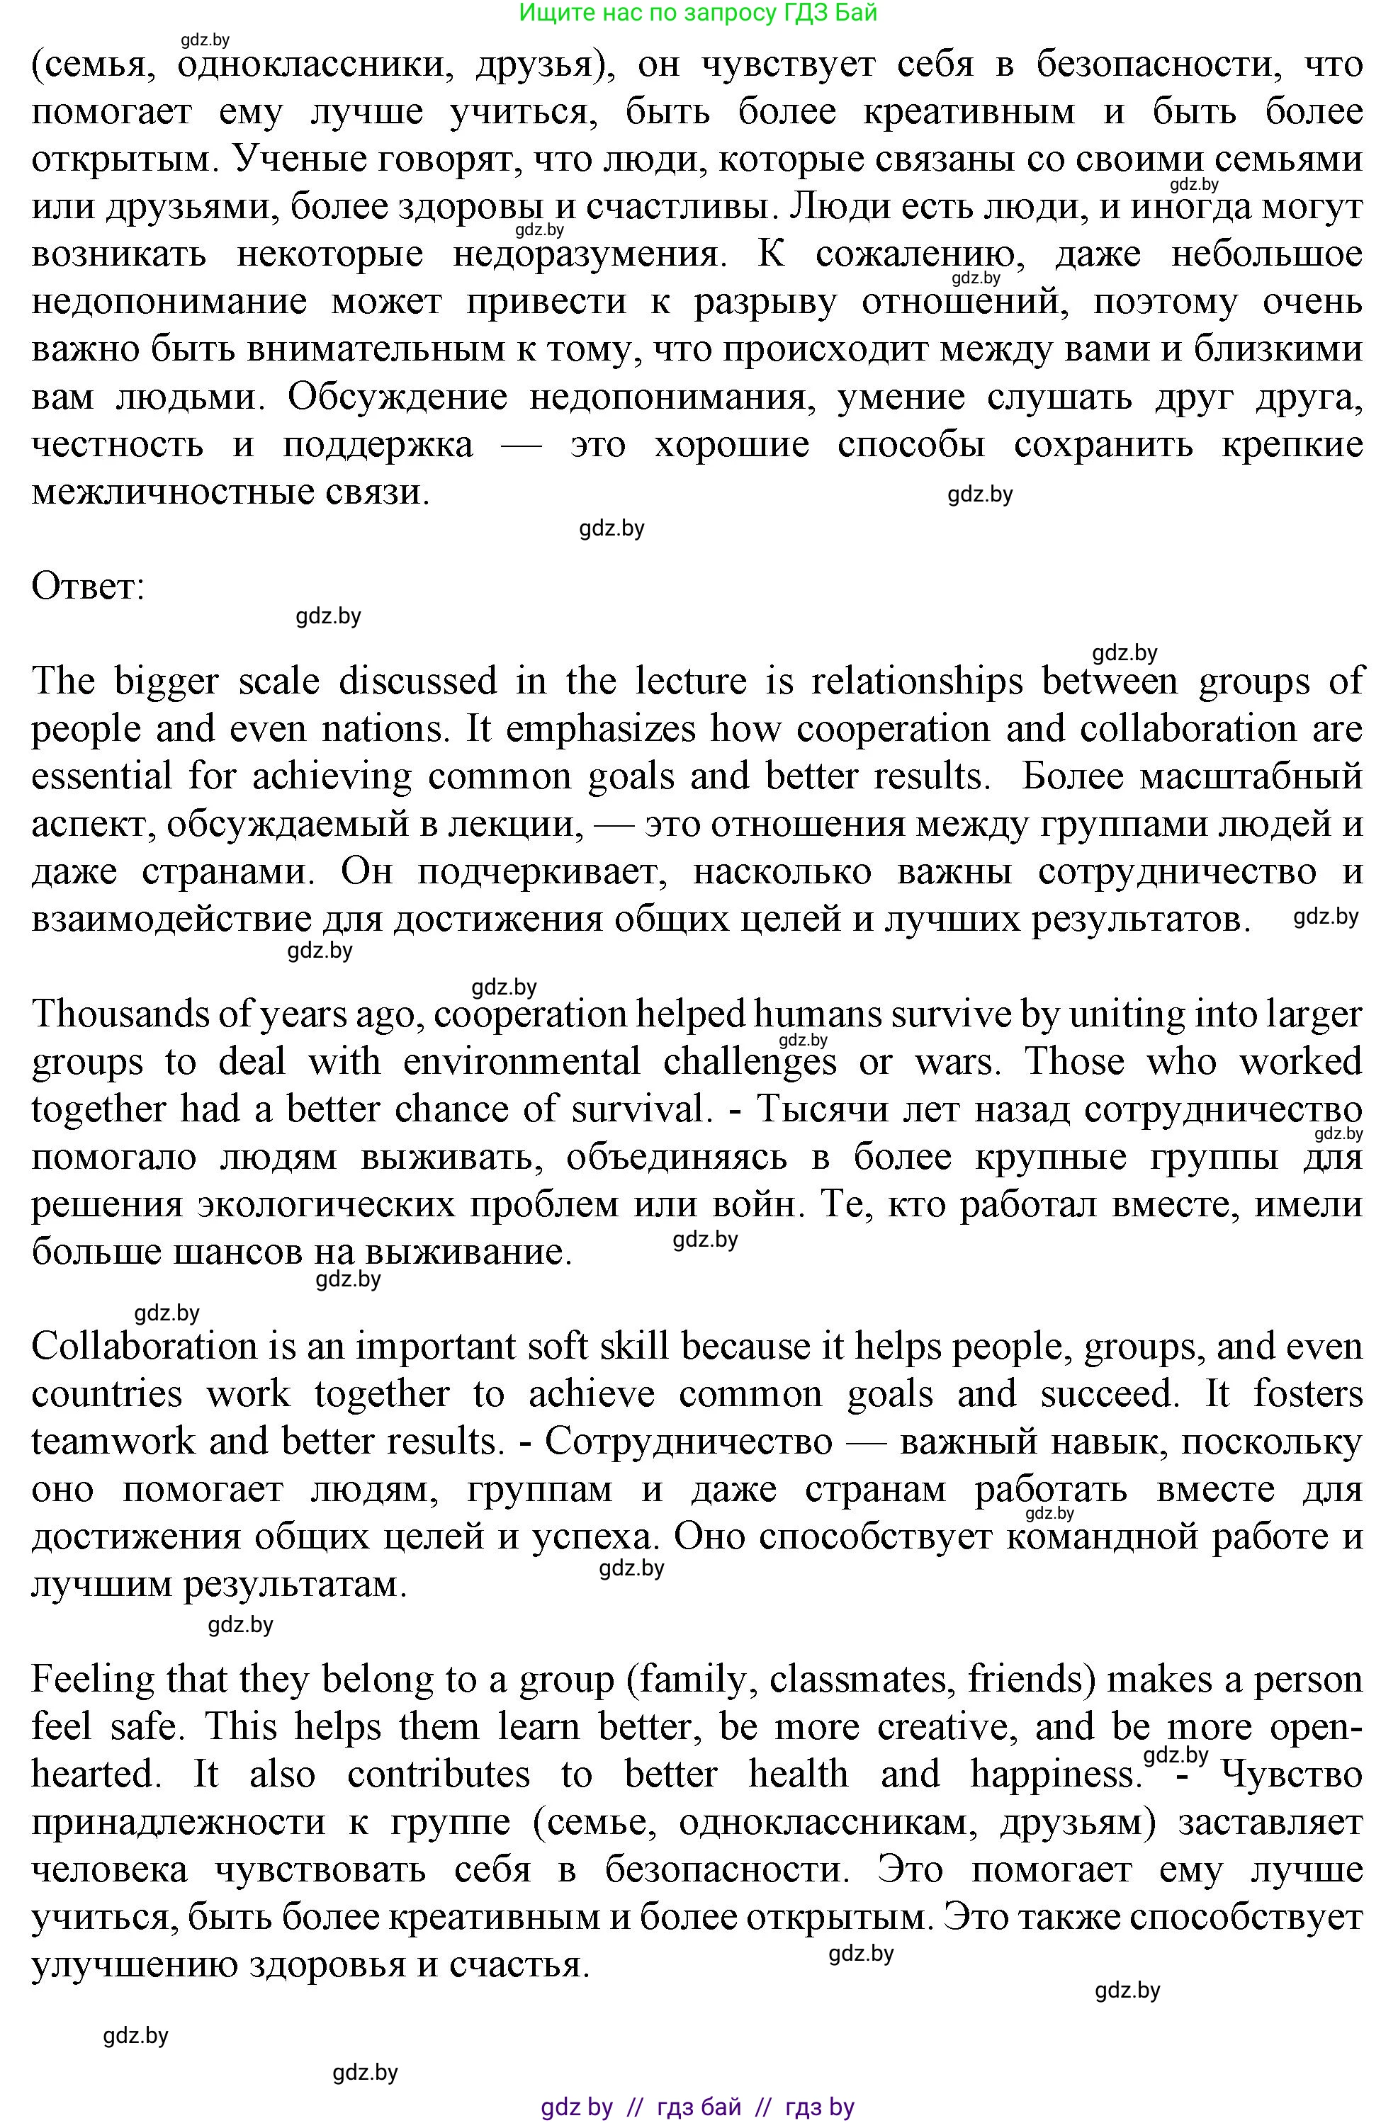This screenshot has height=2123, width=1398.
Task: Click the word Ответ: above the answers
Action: click(87, 587)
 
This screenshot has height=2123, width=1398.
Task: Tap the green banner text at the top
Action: click(698, 13)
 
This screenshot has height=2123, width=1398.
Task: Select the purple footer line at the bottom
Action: click(698, 2107)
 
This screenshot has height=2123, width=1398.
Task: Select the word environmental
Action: click(522, 1061)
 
